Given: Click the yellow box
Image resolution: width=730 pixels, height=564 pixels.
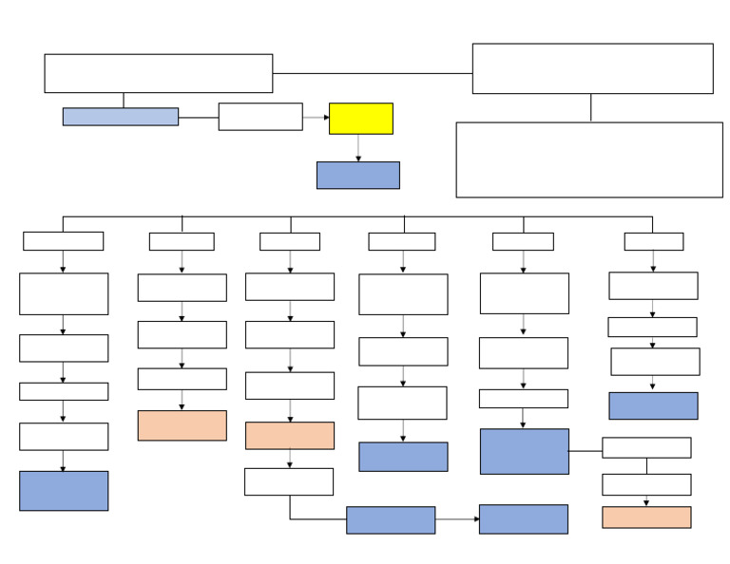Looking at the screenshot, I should [360, 119].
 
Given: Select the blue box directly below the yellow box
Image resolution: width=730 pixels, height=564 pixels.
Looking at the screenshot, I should [357, 175].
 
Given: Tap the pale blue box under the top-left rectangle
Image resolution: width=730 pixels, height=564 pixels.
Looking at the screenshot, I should [120, 117].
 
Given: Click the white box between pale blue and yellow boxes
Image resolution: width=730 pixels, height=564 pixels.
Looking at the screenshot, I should [259, 117].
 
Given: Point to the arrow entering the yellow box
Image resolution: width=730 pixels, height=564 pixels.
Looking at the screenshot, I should [317, 118].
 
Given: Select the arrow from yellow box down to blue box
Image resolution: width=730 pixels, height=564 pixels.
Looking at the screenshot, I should [358, 148].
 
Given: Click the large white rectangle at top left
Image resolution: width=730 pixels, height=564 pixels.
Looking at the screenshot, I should [158, 73].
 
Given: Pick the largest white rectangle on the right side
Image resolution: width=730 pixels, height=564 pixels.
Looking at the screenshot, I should [588, 160].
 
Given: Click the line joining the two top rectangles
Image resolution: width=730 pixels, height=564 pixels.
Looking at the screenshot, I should [372, 73].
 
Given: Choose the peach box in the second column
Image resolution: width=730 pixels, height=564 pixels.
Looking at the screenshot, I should [182, 425].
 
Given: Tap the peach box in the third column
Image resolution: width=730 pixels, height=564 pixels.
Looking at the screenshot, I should [289, 436].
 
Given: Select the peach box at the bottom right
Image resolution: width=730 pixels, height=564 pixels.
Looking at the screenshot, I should [646, 517].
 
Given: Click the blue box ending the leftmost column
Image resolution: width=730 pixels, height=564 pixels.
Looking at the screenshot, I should [63, 491].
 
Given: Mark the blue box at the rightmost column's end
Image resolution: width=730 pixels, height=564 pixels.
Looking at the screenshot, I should [653, 405].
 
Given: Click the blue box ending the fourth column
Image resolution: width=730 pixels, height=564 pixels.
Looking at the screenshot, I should [403, 457].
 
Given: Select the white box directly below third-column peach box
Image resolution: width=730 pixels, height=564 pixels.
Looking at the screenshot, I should [288, 481].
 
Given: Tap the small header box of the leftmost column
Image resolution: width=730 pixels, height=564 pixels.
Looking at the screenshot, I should [63, 241].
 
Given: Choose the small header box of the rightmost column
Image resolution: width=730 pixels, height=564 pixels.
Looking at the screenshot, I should [653, 241].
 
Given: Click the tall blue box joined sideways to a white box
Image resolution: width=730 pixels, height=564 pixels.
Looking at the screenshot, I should [524, 451].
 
